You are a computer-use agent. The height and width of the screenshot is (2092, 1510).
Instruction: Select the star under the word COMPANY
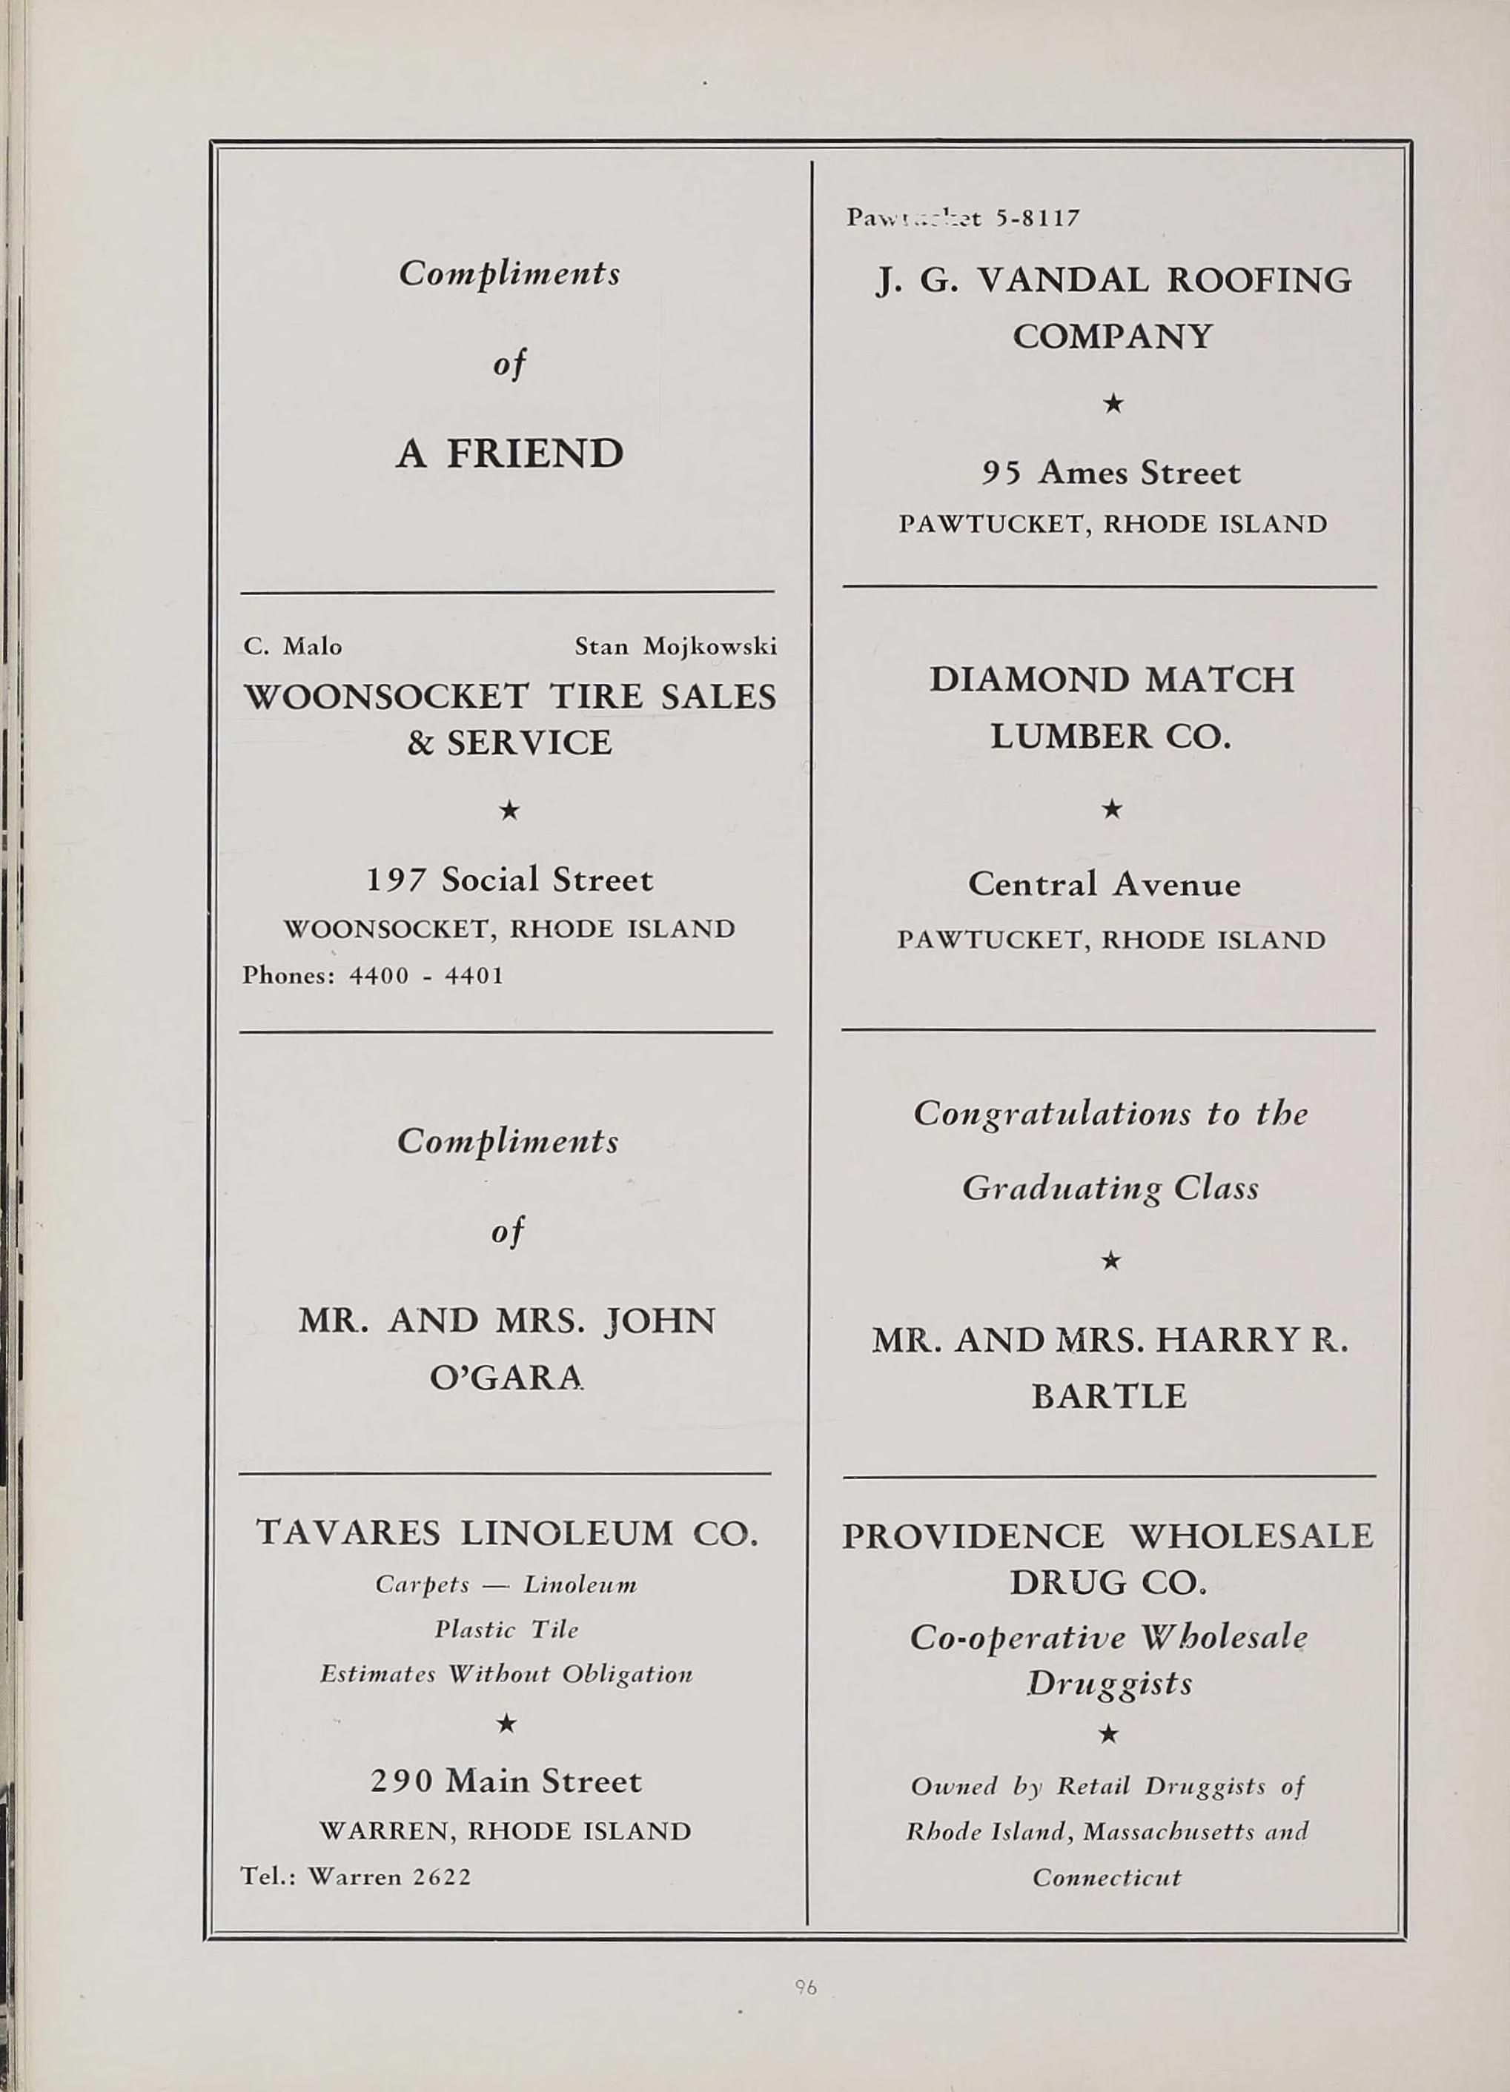[x=1113, y=403]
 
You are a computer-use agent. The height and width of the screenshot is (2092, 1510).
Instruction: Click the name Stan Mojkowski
[x=675, y=647]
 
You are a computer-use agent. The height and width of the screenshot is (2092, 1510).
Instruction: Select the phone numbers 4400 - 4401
[x=426, y=975]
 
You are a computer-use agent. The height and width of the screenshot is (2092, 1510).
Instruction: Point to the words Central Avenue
[x=1104, y=885]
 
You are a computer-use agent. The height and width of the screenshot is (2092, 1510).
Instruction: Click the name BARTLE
[x=1109, y=1395]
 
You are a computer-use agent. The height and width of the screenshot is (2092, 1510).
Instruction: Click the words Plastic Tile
[x=506, y=1630]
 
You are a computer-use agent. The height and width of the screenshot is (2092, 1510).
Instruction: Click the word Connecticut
[x=1107, y=1878]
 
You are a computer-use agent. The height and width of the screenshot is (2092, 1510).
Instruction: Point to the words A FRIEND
[x=510, y=454]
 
